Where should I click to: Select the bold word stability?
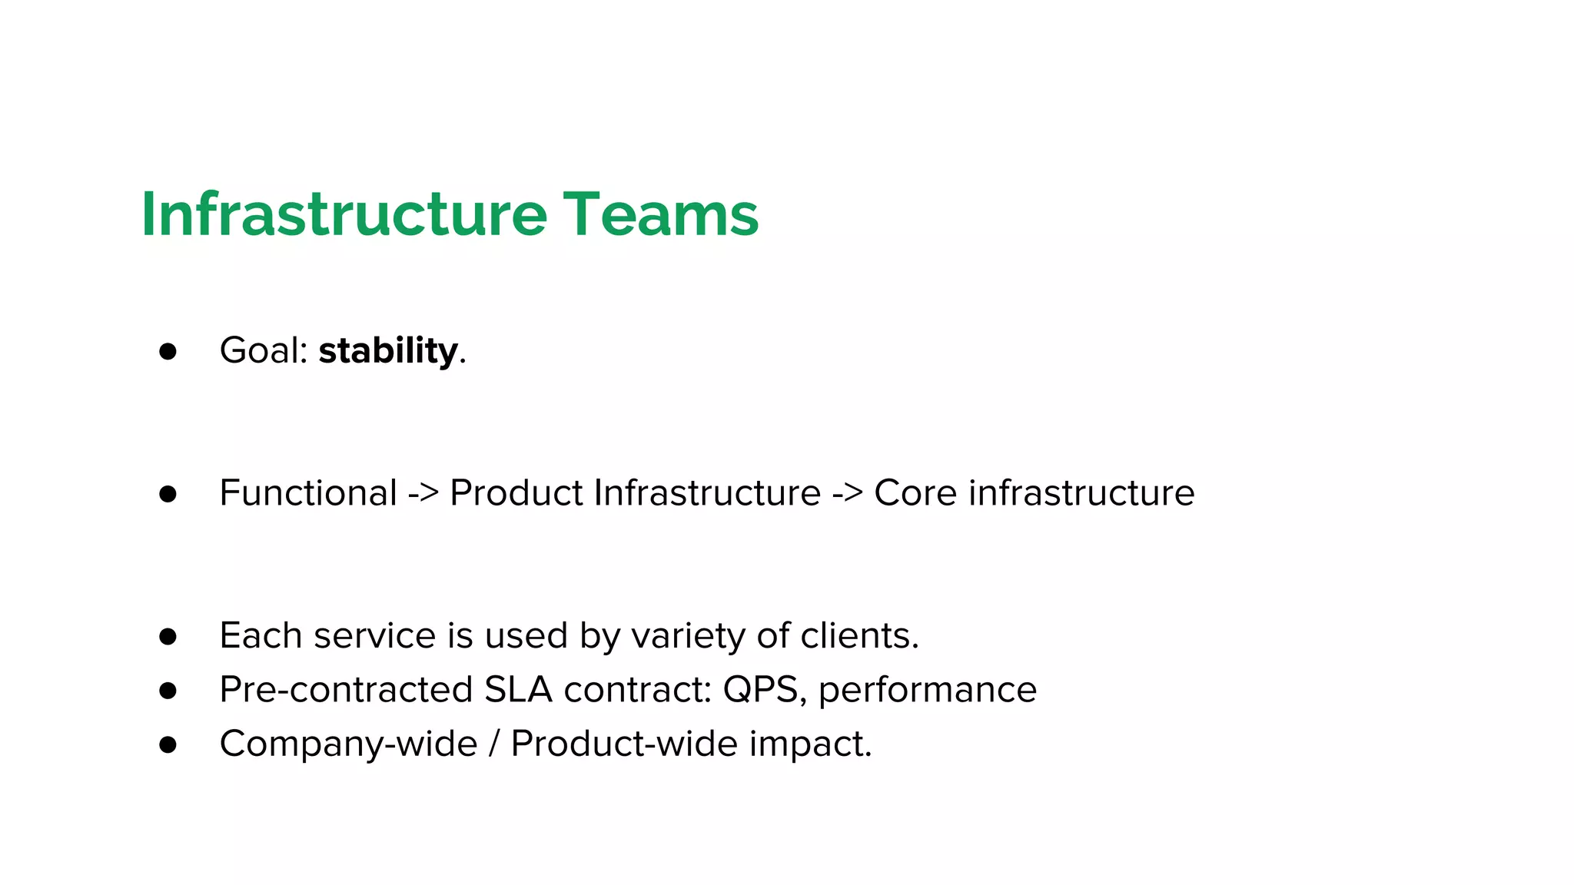pos(388,351)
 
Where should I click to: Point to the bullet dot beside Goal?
pos(168,352)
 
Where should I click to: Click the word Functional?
pos(308,492)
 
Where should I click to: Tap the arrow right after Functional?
pos(423,493)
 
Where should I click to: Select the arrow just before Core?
pos(847,493)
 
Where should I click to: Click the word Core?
pos(915,492)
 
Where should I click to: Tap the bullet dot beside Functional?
pos(168,494)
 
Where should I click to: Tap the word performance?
pos(927,690)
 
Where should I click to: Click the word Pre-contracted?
pos(346,689)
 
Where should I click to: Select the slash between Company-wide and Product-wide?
pos(493,744)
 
